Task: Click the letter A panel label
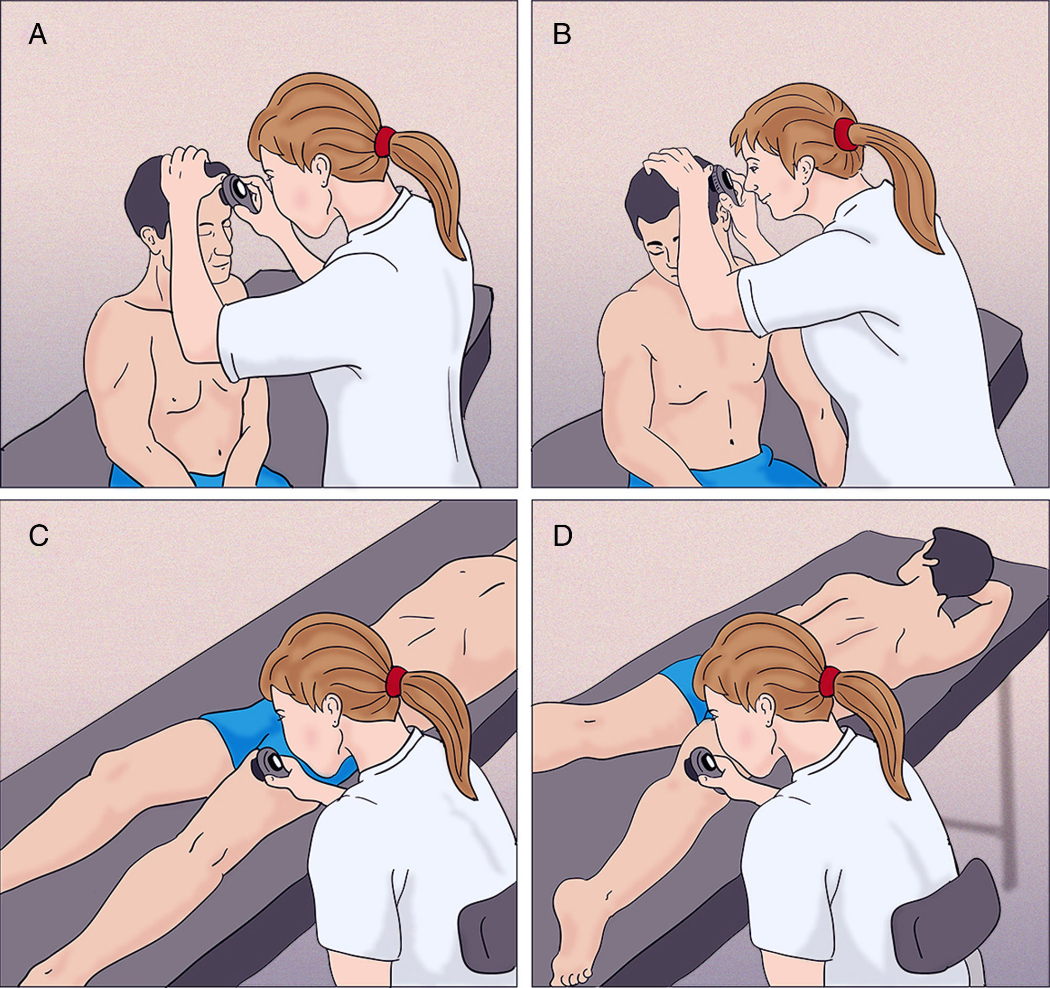pos(37,35)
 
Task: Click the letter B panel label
pos(562,35)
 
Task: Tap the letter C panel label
pos(38,536)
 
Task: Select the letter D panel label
pos(563,536)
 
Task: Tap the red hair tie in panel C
pos(396,682)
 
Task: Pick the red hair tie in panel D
pos(829,682)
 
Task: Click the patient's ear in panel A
pos(152,241)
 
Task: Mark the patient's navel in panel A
pos(220,452)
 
